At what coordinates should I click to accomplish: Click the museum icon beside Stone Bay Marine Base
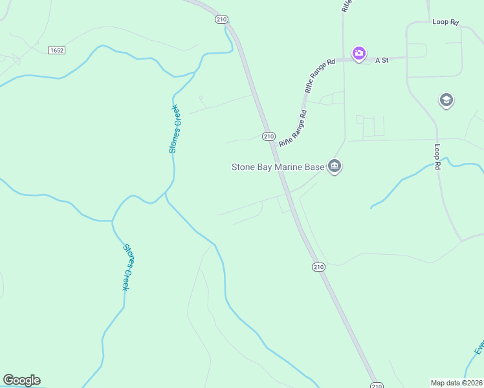click(335, 167)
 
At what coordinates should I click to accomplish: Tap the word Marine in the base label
click(290, 167)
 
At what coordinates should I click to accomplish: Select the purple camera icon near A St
click(358, 53)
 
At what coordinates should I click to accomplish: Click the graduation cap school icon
click(446, 100)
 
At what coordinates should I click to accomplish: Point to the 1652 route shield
click(57, 50)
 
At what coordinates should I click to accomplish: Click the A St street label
click(381, 60)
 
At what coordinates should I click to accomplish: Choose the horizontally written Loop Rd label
click(445, 22)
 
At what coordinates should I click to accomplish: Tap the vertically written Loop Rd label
click(437, 157)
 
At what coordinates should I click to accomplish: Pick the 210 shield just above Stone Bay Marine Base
click(269, 136)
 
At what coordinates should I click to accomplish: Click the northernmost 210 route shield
click(221, 20)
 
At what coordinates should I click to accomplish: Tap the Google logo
click(21, 380)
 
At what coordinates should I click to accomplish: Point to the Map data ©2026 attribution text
click(455, 383)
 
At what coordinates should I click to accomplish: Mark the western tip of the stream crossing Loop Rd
click(371, 208)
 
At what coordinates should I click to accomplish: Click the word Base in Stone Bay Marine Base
click(314, 167)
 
